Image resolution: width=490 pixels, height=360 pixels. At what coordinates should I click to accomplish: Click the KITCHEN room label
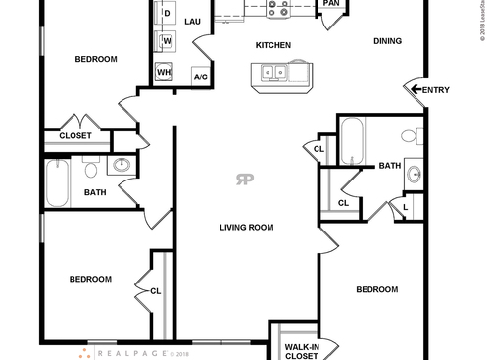pos(272,45)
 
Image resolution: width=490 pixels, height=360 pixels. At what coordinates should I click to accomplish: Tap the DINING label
pos(388,41)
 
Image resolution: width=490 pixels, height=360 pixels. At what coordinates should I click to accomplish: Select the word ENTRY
pos(436,90)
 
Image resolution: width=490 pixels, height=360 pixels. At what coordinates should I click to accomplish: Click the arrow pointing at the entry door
pos(416,90)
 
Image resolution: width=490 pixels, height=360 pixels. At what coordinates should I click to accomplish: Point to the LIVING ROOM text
pos(246,227)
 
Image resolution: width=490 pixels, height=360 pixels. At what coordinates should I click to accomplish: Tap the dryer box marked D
pos(167,13)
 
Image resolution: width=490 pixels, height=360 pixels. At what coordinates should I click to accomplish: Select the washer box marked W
pos(167,40)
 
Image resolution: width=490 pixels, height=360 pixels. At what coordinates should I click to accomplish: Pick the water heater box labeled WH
pos(166,73)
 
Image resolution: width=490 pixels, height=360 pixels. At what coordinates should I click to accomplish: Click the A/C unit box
pos(200,77)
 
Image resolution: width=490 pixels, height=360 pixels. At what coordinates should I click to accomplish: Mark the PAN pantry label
pos(331,3)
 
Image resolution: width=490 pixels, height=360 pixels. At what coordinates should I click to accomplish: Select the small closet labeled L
pos(405,207)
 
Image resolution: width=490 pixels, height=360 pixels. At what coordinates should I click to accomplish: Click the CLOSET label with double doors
pos(75,136)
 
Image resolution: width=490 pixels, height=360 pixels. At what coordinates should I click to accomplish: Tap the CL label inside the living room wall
pos(156,290)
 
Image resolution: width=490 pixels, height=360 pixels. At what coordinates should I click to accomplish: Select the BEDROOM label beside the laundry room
pos(96,59)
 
